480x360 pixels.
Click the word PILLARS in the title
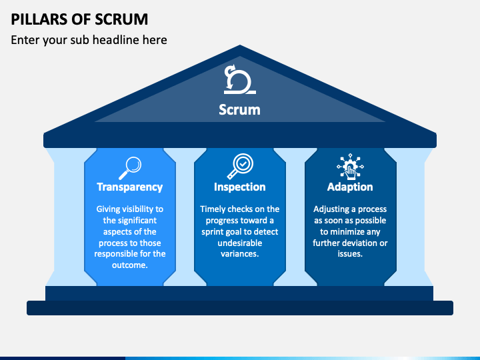click(39, 19)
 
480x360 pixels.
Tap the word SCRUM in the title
click(121, 19)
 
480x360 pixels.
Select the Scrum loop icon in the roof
click(239, 79)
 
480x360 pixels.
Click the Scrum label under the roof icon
click(240, 109)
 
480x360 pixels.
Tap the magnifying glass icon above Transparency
click(130, 168)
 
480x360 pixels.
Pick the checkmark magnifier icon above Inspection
click(240, 166)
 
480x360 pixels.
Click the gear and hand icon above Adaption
click(350, 167)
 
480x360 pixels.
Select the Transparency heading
click(130, 187)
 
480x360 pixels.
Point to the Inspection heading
click(240, 187)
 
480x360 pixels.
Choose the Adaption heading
click(350, 187)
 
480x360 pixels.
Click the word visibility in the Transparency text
click(138, 209)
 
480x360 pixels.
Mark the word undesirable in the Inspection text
click(240, 243)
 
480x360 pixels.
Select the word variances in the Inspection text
click(239, 254)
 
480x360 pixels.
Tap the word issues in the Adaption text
click(349, 254)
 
